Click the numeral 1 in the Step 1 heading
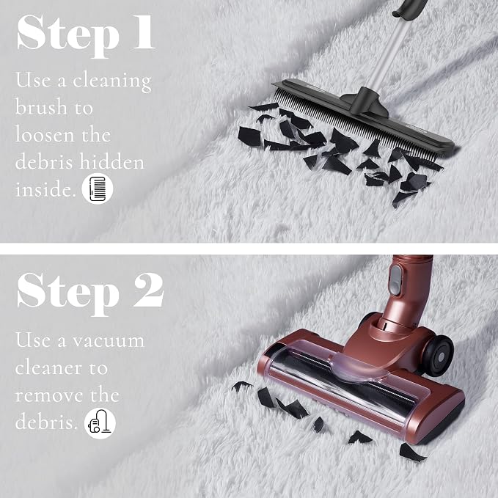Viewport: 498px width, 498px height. [144, 32]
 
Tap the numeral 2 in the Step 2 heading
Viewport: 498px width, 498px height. [148, 290]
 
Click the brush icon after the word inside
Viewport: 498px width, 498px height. [98, 188]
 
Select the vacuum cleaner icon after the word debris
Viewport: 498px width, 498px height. [100, 423]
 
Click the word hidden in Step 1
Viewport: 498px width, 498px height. [111, 161]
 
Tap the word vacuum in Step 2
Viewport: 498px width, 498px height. [109, 341]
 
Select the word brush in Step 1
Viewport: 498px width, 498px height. [41, 106]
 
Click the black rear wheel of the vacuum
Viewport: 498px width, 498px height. [439, 355]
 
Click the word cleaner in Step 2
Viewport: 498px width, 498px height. [48, 368]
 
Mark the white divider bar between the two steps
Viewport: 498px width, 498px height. [249, 249]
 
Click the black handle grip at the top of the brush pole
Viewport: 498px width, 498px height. [410, 7]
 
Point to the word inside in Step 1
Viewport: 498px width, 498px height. [45, 189]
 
